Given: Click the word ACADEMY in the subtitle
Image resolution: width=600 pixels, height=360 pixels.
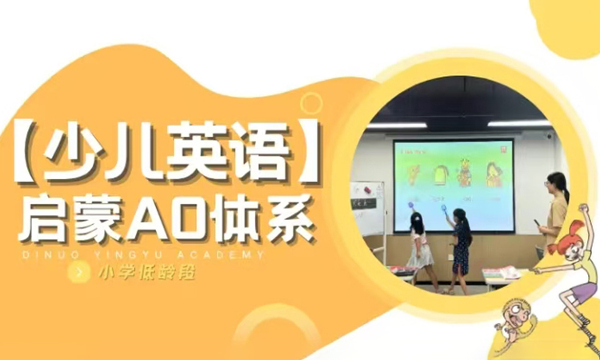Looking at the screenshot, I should click(x=230, y=255).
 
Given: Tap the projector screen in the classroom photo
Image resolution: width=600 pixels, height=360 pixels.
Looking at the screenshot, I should click(x=453, y=184).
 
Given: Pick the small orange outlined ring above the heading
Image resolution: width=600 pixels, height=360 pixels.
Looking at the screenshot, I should click(x=310, y=103).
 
